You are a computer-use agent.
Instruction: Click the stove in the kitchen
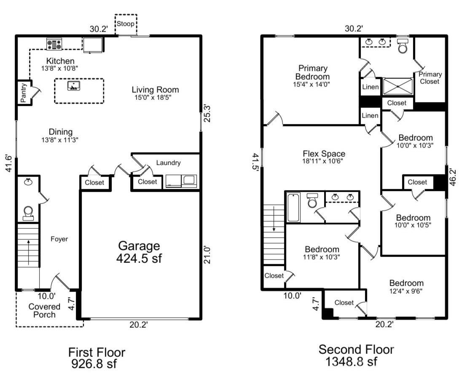click(x=54, y=44)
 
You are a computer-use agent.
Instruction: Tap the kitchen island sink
click(x=73, y=86)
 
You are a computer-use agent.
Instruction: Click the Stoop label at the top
click(x=126, y=24)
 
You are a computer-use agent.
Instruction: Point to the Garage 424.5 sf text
click(x=139, y=252)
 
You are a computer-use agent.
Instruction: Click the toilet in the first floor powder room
click(x=29, y=213)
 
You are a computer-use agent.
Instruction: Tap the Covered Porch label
click(x=45, y=310)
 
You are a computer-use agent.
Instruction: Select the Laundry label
click(x=168, y=163)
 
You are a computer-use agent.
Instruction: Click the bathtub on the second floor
click(x=292, y=207)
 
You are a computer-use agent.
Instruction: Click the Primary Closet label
click(x=430, y=78)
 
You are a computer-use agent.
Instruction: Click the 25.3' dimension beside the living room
click(x=207, y=114)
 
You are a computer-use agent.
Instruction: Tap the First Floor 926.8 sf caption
click(x=97, y=357)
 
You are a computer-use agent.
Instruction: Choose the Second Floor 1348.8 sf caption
click(x=356, y=355)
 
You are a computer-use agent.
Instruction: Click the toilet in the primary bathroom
click(x=403, y=45)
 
